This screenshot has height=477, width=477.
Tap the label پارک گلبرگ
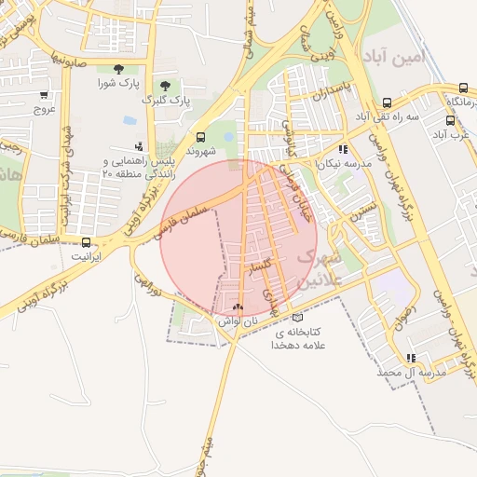click(166, 99)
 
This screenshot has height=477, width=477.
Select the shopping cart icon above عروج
click(44, 94)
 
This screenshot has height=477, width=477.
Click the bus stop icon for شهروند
click(200, 135)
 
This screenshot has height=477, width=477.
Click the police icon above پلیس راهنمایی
click(139, 145)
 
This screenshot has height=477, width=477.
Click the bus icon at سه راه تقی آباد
click(387, 102)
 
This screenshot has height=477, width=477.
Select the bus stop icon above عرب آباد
click(451, 120)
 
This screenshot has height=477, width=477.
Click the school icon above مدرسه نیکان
click(344, 148)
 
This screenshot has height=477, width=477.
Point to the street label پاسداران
click(333, 95)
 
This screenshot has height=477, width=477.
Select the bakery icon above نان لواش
click(238, 307)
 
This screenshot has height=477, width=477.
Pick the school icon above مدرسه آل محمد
click(411, 358)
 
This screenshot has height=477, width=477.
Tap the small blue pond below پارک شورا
click(128, 120)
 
